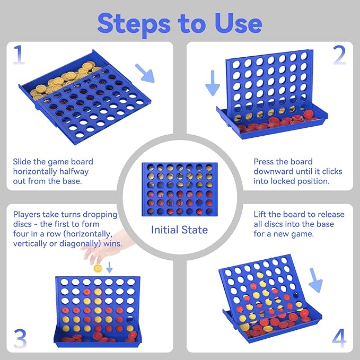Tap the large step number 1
(x=19, y=55)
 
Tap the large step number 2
(x=339, y=55)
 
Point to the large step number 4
(x=339, y=338)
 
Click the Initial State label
(x=179, y=230)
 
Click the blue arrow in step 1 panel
(x=145, y=73)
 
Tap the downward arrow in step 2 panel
(x=213, y=83)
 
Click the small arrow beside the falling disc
(x=110, y=268)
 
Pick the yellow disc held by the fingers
(x=98, y=268)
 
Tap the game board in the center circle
(x=179, y=189)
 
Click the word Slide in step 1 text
(x=23, y=162)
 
